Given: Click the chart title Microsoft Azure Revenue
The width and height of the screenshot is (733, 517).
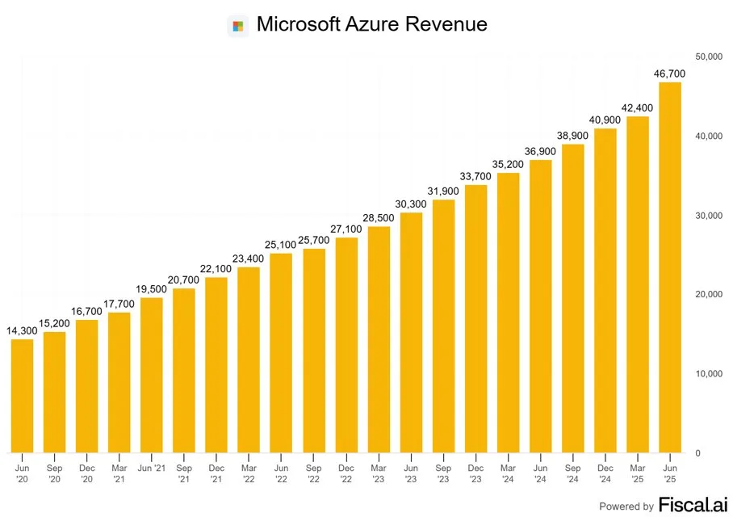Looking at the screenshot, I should [x=371, y=24].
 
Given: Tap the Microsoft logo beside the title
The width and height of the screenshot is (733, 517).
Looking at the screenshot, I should [x=237, y=25].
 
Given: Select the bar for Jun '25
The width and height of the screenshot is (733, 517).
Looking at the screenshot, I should [x=669, y=267].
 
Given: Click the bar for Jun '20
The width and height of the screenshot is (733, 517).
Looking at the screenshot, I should [x=22, y=396].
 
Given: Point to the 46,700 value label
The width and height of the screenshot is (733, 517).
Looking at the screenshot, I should [x=669, y=74].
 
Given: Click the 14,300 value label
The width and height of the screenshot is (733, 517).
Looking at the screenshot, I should [x=22, y=330].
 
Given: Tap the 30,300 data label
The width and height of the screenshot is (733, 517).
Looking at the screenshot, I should [x=410, y=204].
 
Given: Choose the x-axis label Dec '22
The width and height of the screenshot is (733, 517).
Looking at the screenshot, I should [x=346, y=473].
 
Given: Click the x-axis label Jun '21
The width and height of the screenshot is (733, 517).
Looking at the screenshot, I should [x=151, y=468].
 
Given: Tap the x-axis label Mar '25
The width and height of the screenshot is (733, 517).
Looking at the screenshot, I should [x=637, y=473].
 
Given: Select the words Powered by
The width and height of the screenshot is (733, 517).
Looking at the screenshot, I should [x=626, y=506].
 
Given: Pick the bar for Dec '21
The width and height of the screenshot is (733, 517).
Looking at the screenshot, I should [x=216, y=364].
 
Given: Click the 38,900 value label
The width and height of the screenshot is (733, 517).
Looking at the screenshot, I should [x=572, y=136].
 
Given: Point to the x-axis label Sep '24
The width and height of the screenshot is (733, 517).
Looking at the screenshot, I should [x=572, y=473].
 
